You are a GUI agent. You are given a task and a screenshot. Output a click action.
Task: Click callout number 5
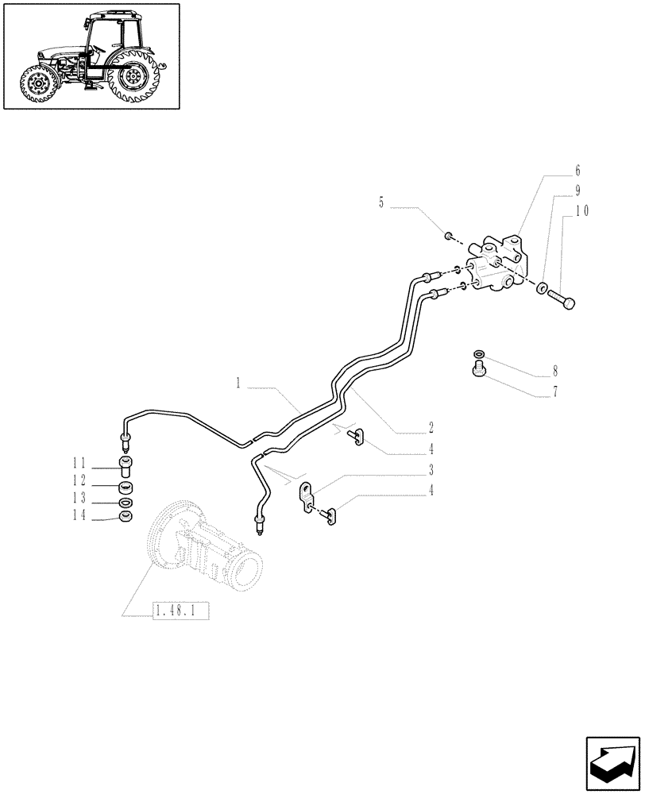coord(381,203)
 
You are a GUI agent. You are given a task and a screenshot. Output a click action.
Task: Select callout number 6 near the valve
coord(577,171)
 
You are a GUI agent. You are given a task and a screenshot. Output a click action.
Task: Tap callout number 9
coord(577,191)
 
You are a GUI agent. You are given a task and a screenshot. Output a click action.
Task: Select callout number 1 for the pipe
coord(238,384)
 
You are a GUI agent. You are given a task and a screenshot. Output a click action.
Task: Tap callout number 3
coord(431,469)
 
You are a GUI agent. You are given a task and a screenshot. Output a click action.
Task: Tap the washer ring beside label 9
coord(541,287)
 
